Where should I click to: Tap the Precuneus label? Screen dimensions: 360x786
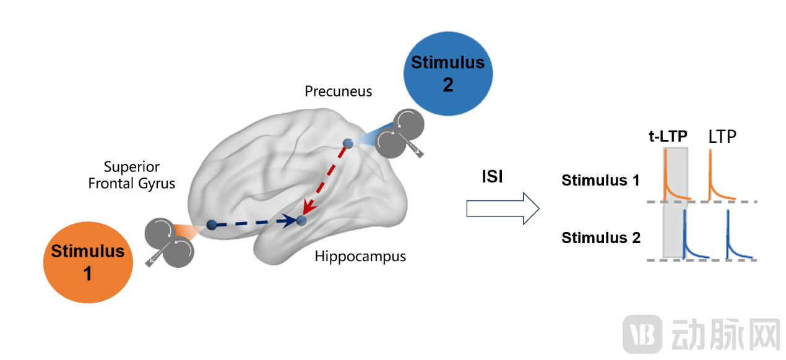click(x=339, y=92)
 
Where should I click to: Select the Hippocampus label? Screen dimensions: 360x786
click(x=360, y=255)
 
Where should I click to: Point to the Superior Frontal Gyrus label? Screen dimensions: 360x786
click(x=131, y=175)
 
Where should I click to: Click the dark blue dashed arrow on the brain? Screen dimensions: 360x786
click(x=254, y=222)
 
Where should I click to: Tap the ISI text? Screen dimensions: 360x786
click(x=492, y=177)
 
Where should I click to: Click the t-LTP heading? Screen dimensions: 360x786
click(x=668, y=137)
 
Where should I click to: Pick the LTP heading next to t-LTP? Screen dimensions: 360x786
click(x=722, y=137)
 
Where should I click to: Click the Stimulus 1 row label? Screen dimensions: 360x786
click(x=600, y=181)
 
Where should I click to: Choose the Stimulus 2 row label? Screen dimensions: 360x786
click(x=600, y=238)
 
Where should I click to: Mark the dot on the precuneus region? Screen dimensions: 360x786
click(x=348, y=144)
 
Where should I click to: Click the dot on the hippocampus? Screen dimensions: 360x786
click(x=301, y=220)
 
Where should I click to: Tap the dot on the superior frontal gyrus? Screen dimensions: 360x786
click(x=211, y=225)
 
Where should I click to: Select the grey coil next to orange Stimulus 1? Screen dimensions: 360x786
click(x=169, y=242)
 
